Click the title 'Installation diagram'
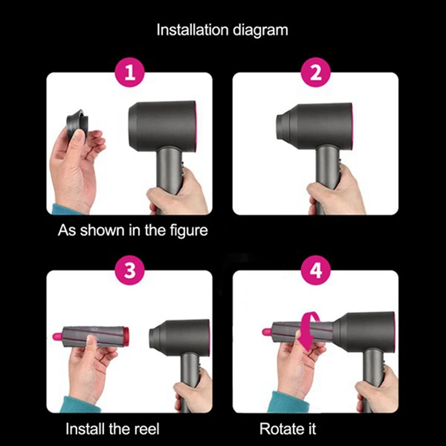[222, 30]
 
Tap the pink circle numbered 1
[129, 73]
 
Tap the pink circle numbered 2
[316, 73]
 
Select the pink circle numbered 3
[129, 271]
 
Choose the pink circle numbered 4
[316, 271]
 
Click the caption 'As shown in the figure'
[133, 230]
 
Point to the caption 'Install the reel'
[113, 429]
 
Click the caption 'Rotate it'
[288, 429]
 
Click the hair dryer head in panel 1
[162, 126]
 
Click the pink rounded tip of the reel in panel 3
[56, 336]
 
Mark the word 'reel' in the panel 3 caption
[146, 429]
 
